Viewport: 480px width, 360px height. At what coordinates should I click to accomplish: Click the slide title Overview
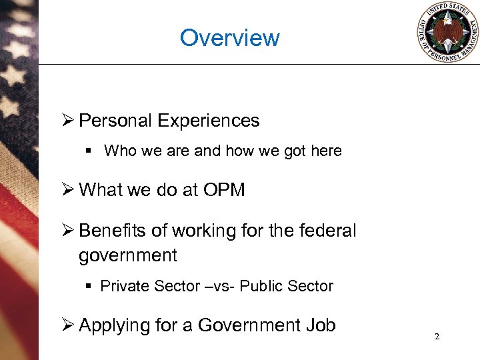pos(230,37)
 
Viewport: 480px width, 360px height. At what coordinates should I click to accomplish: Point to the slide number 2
pos(437,337)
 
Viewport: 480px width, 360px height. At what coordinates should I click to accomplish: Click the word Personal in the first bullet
pos(116,121)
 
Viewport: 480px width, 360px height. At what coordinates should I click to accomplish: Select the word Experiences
pos(209,121)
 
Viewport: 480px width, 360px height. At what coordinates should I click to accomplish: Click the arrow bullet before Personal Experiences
pos(67,121)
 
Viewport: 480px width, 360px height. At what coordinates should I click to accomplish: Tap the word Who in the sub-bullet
pos(119,151)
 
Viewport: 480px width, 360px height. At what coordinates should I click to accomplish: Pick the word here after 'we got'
pos(326,151)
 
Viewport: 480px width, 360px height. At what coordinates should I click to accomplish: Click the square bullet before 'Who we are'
pos(89,151)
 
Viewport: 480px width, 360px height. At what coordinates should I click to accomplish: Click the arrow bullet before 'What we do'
pos(67,190)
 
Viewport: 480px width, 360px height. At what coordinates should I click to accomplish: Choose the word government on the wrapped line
pos(127,255)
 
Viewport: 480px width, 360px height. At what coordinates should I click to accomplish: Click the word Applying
pos(109,325)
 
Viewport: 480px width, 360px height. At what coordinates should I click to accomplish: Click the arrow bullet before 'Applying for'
pos(67,325)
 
